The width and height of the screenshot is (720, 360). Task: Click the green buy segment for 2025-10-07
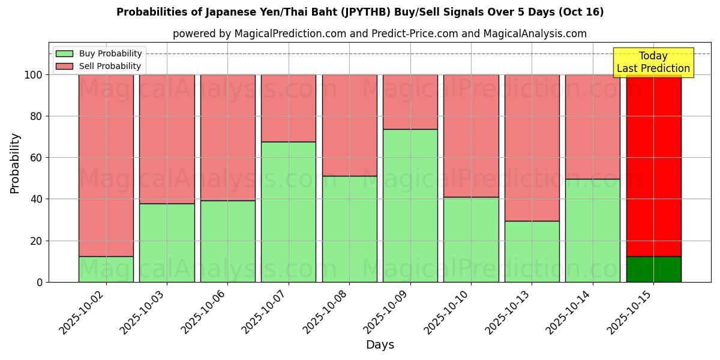[x=289, y=212]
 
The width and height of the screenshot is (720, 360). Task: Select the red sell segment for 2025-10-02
[x=106, y=165]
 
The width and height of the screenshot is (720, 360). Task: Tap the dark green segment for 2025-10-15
[x=653, y=269]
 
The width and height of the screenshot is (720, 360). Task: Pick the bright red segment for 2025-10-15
[x=653, y=165]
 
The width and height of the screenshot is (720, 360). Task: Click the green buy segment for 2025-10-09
[x=410, y=205]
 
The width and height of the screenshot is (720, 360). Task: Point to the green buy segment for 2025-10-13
[x=532, y=251]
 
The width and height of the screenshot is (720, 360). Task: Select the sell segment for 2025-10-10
[x=471, y=136]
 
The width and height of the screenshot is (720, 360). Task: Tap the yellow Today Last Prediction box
[x=653, y=62]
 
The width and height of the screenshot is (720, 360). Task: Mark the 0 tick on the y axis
[x=40, y=282]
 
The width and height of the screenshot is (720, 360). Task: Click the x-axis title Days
[x=380, y=345]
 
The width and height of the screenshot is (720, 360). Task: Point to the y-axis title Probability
[x=15, y=163]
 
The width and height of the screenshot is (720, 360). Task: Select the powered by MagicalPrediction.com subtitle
[x=379, y=34]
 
